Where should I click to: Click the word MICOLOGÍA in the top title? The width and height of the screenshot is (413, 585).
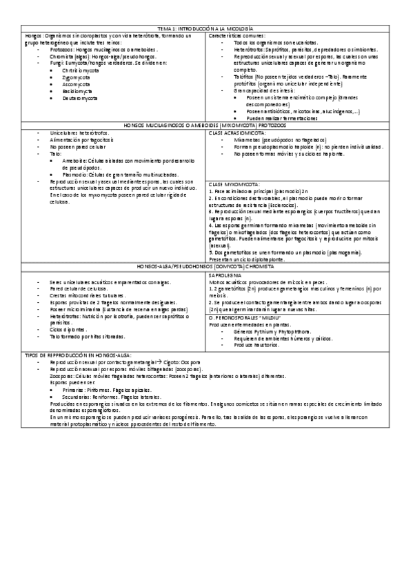coord(243,28)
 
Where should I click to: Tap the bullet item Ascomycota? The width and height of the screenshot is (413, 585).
coord(75,84)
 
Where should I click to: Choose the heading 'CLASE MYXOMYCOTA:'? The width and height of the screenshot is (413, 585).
coord(233,185)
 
